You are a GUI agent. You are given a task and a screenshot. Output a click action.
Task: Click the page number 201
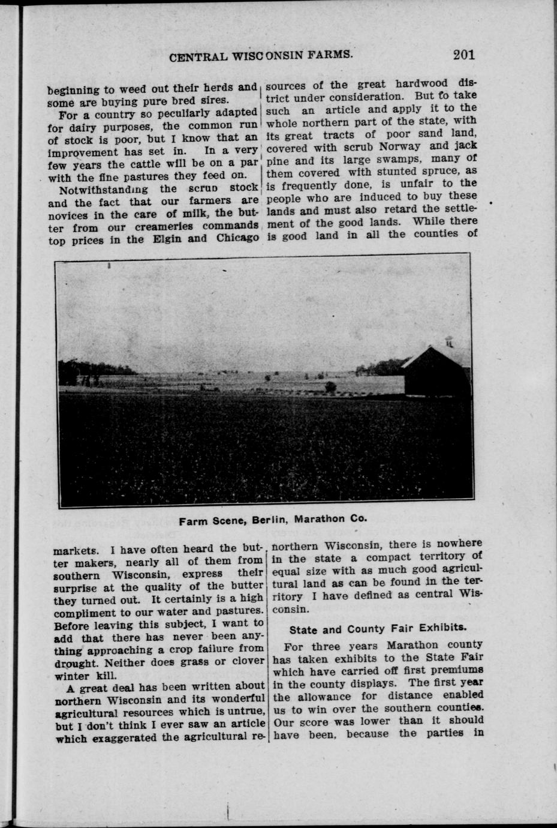pyautogui.click(x=464, y=55)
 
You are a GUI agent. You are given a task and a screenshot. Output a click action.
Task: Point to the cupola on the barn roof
pyautogui.click(x=449, y=341)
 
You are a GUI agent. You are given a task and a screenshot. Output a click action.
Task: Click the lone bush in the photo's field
pyautogui.click(x=330, y=388)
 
